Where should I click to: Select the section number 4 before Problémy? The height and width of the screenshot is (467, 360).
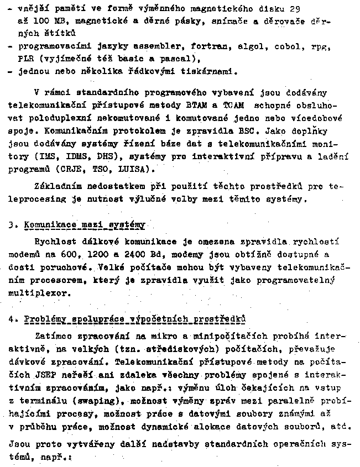(13, 319)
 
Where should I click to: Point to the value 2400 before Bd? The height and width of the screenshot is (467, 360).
(135, 254)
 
